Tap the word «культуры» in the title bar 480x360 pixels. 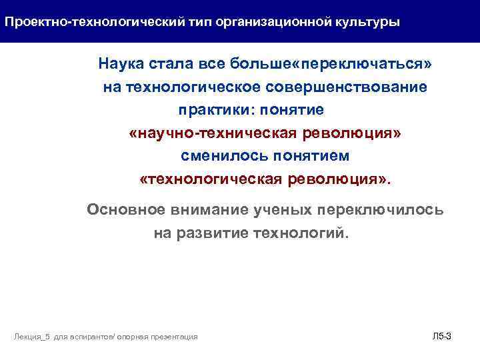click(x=367, y=22)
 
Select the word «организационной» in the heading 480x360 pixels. click(x=277, y=22)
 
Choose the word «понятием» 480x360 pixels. click(x=308, y=156)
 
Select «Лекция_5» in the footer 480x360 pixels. click(x=30, y=337)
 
